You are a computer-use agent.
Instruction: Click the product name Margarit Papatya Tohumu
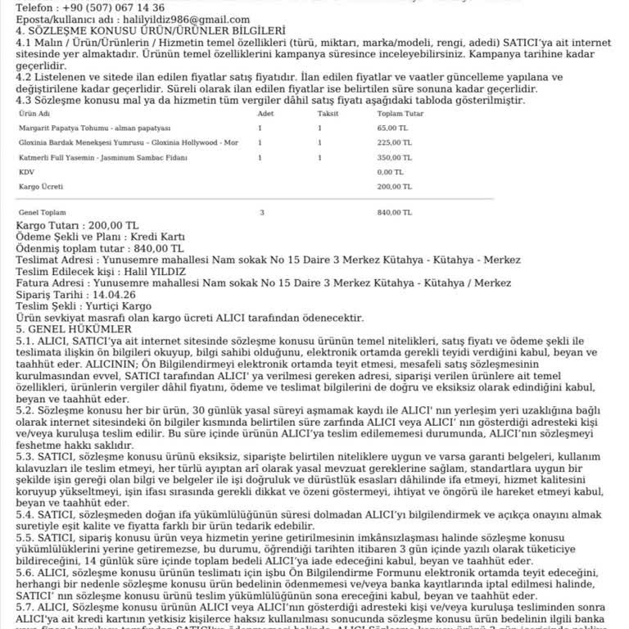93,128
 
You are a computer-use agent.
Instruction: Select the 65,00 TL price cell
392,128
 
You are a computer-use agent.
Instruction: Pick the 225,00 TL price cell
394,143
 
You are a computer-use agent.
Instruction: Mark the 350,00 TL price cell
394,157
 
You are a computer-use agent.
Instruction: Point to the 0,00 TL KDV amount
391,172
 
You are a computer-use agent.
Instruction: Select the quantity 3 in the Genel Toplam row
260,212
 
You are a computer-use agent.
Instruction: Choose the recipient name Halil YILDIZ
140,271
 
